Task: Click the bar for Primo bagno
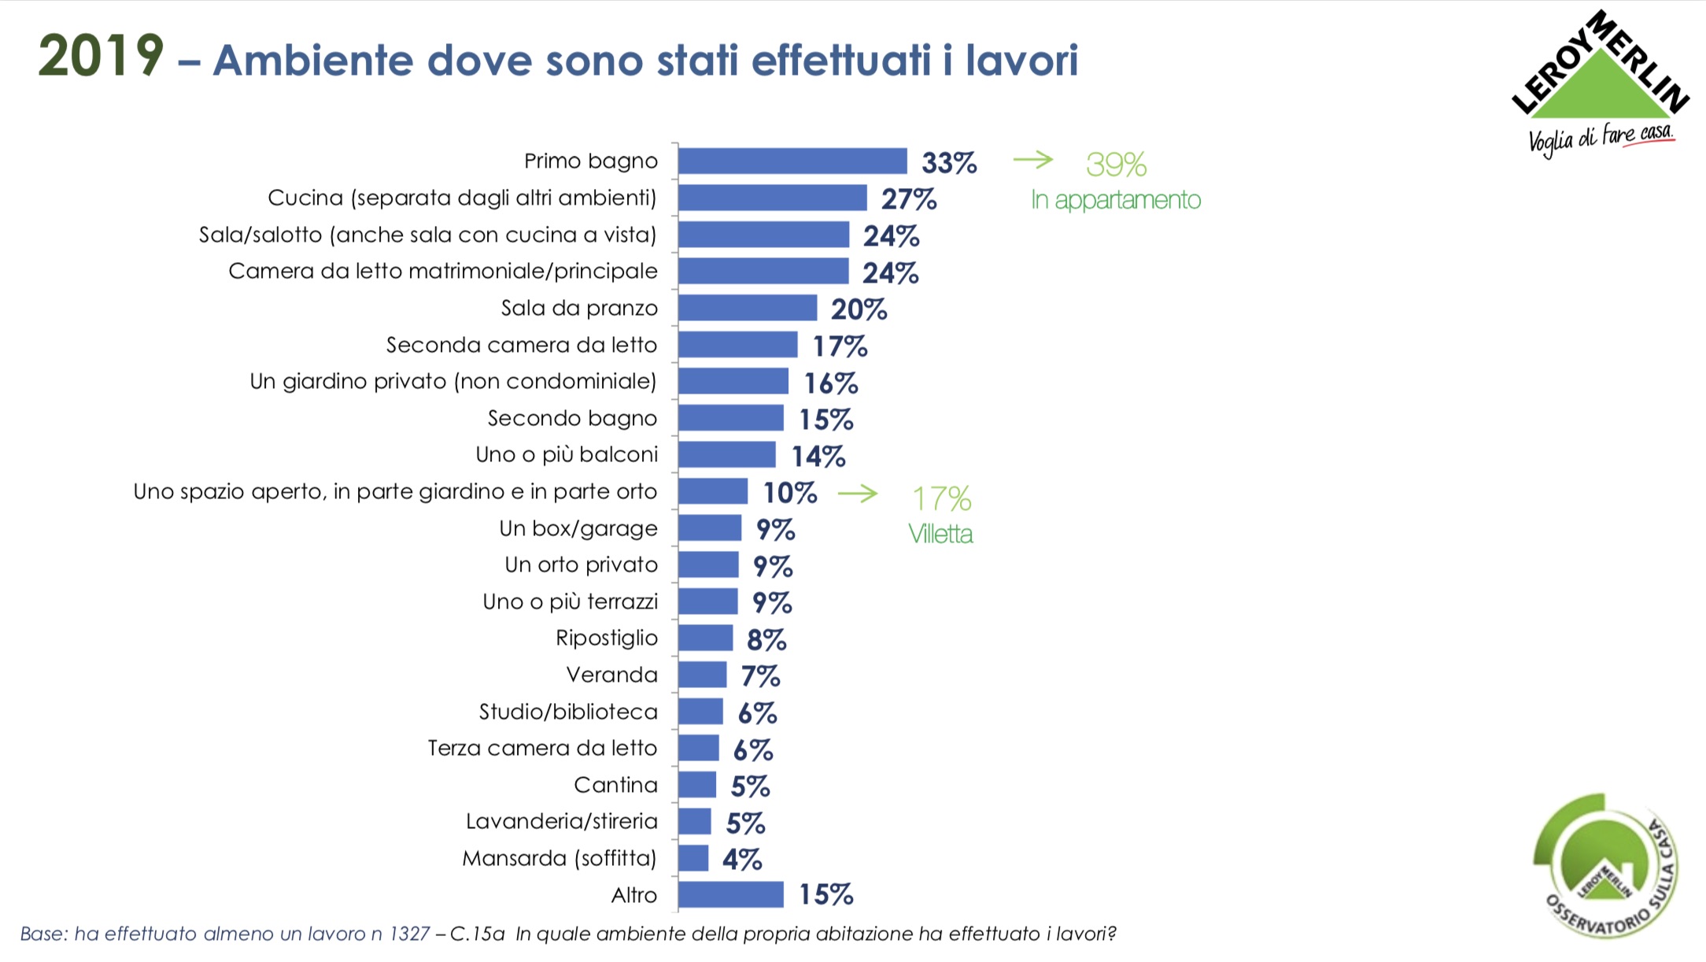point(792,161)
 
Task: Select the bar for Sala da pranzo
point(748,308)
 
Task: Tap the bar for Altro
point(731,894)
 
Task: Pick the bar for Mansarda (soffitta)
point(693,858)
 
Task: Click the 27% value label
point(909,199)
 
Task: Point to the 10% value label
point(790,493)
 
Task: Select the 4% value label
point(742,859)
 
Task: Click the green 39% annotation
point(1116,165)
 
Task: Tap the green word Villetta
point(940,535)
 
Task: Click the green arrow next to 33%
point(1032,160)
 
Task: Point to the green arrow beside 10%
point(858,494)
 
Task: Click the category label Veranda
point(611,675)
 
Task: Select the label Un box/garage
point(578,528)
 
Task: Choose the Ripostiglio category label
point(607,638)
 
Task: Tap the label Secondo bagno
point(572,418)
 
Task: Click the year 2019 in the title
point(101,57)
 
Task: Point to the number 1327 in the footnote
point(409,934)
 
